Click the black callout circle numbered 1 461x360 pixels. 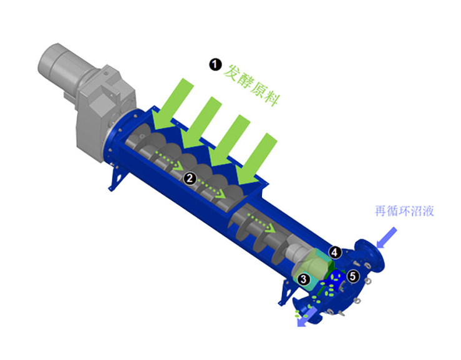(x=215, y=64)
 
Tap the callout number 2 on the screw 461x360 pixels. (x=190, y=178)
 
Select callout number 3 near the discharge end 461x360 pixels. (x=303, y=278)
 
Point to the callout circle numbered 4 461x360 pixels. (x=335, y=252)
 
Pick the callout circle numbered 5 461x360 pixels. (x=353, y=276)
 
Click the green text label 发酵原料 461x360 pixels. (x=251, y=85)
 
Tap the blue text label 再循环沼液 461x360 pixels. (x=404, y=211)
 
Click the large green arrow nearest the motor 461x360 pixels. (x=173, y=104)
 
